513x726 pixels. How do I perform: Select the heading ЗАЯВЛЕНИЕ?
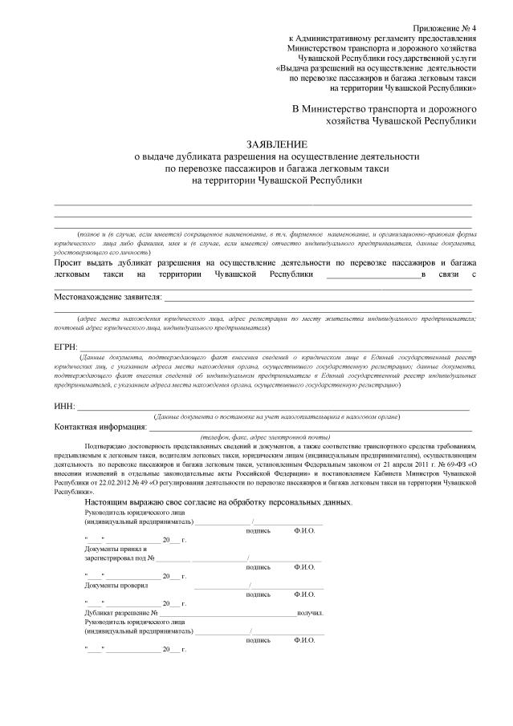point(255,142)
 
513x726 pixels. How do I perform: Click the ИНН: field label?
point(64,407)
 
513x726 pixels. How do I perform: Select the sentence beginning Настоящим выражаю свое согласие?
point(218,501)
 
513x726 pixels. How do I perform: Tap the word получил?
point(311,613)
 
